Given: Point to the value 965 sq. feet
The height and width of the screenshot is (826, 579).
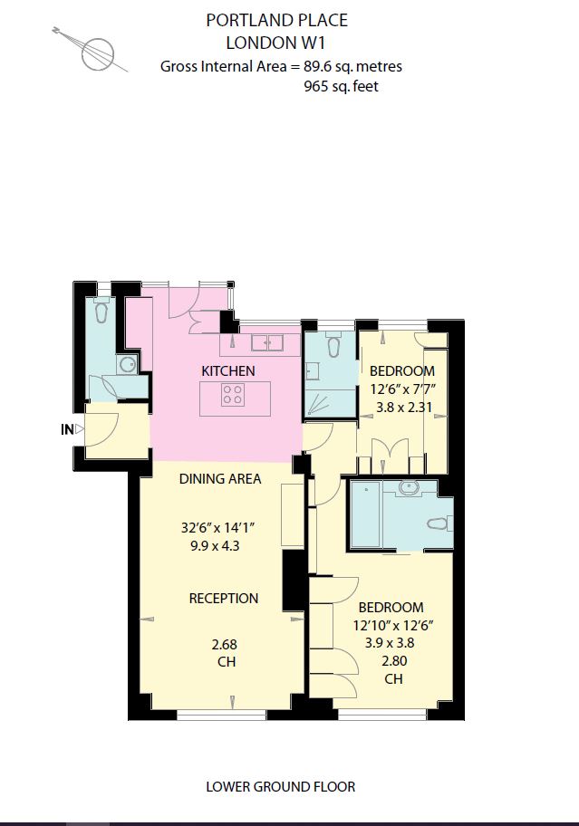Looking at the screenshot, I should point(342,87).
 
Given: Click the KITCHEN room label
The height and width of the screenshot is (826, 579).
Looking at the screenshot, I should point(227,370).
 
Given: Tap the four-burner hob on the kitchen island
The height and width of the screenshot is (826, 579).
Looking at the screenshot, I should point(233,395).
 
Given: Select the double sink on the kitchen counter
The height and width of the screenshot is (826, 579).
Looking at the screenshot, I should point(265,342).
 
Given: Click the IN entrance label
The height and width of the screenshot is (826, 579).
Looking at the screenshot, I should point(66,430).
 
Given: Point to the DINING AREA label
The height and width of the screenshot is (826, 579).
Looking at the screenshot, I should point(219,478).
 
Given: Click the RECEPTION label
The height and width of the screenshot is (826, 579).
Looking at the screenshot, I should point(223,598).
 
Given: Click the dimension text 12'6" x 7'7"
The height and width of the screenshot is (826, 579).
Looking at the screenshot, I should point(401,389).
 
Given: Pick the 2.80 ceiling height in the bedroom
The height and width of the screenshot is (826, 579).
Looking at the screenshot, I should point(393,660).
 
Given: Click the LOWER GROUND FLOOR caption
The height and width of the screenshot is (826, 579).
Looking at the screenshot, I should point(280,786).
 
